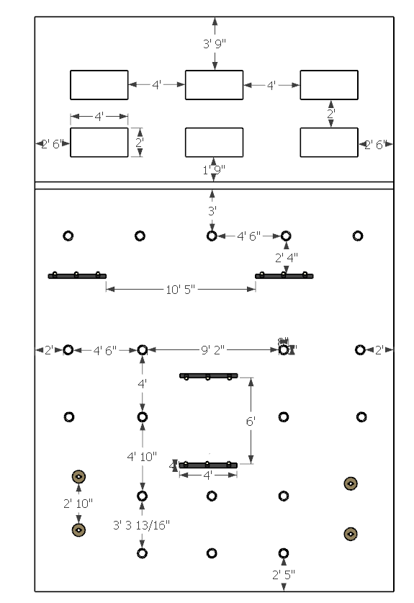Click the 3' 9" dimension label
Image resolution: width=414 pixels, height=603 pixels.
click(x=214, y=43)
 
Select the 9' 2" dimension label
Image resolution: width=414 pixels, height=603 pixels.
click(x=212, y=349)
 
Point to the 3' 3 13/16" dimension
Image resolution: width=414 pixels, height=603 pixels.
click(x=142, y=524)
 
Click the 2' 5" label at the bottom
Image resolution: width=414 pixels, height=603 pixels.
click(x=283, y=574)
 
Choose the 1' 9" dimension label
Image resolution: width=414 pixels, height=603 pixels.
click(x=214, y=170)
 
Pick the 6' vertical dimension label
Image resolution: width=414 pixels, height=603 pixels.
click(x=251, y=421)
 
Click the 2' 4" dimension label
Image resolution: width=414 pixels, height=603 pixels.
click(x=286, y=256)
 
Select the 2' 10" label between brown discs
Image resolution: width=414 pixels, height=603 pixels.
click(x=78, y=503)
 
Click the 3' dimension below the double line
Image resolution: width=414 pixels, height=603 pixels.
click(x=212, y=212)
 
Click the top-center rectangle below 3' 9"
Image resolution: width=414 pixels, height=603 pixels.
click(x=214, y=85)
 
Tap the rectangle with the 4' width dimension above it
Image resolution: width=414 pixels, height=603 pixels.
click(x=99, y=142)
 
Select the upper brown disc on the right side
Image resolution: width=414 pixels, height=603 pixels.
click(x=351, y=483)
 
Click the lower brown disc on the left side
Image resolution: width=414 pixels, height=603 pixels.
click(x=78, y=530)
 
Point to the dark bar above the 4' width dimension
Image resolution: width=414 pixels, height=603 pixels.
click(x=208, y=465)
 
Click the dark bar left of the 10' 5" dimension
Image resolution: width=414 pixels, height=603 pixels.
click(x=77, y=275)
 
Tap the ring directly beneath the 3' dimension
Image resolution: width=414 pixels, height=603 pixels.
click(x=212, y=236)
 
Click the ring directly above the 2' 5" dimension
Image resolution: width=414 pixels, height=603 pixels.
click(x=283, y=553)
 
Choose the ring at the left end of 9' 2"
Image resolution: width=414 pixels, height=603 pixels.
click(x=142, y=349)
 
